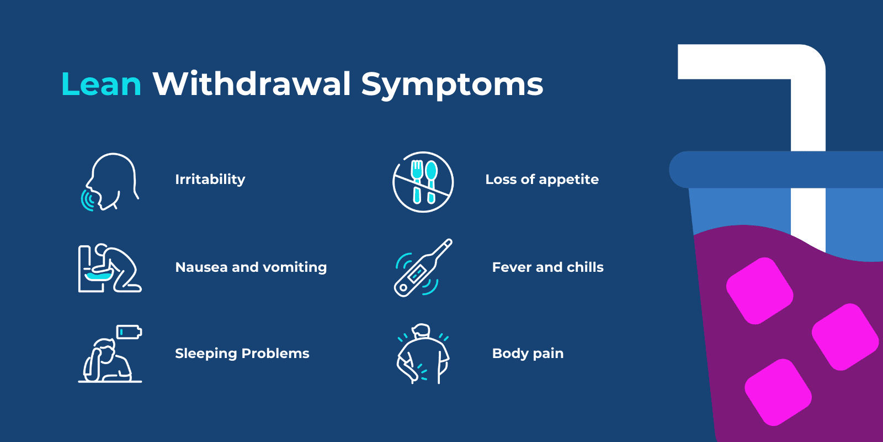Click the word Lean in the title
pyautogui.click(x=102, y=85)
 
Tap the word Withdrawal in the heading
pyautogui.click(x=252, y=84)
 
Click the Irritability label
pyautogui.click(x=210, y=180)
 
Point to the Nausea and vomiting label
pyautogui.click(x=251, y=267)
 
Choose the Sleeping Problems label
pyautogui.click(x=242, y=354)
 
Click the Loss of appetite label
pyautogui.click(x=541, y=180)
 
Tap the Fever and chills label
pyautogui.click(x=547, y=267)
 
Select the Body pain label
pyautogui.click(x=528, y=354)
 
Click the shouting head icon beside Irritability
pyautogui.click(x=110, y=182)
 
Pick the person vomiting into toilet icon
pyautogui.click(x=109, y=269)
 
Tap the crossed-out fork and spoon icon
pyautogui.click(x=423, y=182)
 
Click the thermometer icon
pyautogui.click(x=423, y=268)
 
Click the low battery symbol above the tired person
pyautogui.click(x=129, y=332)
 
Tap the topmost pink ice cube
pyautogui.click(x=759, y=291)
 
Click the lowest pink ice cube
pyautogui.click(x=778, y=392)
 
